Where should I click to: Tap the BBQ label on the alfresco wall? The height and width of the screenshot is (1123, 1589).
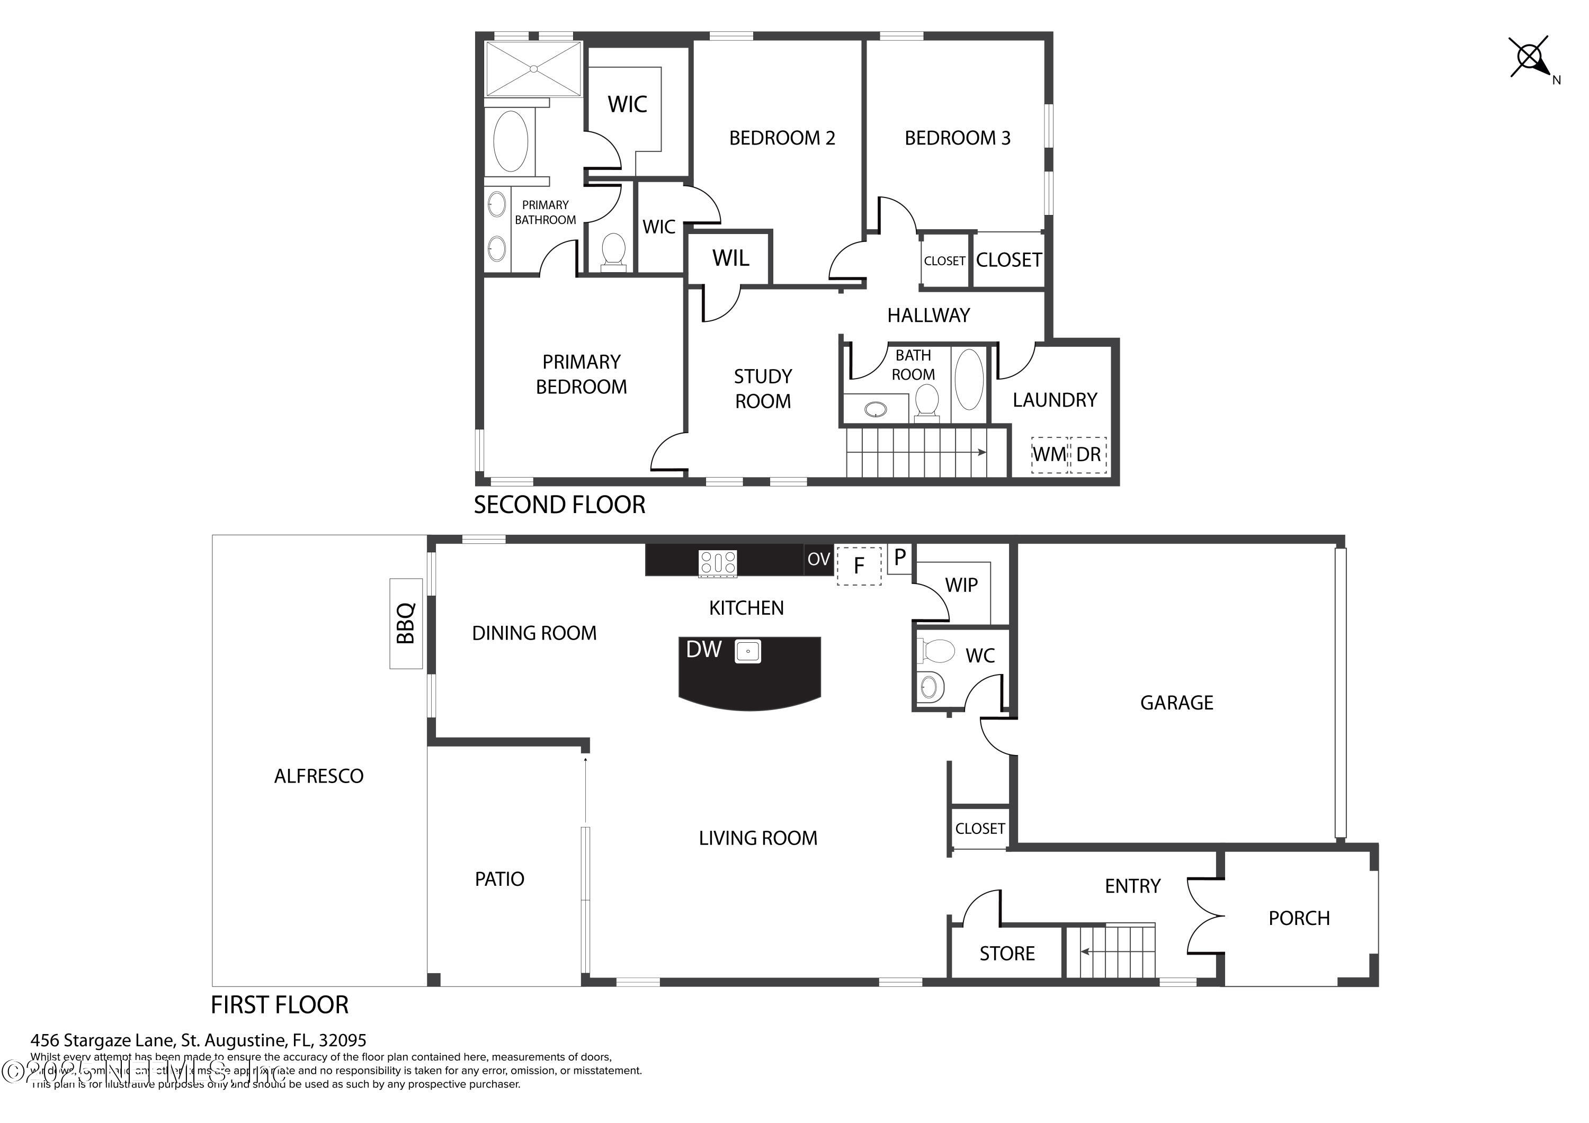(x=406, y=623)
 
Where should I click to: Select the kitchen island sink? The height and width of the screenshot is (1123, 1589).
(x=748, y=651)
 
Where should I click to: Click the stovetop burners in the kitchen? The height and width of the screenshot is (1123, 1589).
(x=718, y=562)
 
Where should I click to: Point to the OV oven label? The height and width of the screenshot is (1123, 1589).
(x=819, y=559)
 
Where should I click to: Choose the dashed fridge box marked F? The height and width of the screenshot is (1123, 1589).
(x=859, y=566)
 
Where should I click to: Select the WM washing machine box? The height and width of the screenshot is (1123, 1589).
(x=1049, y=455)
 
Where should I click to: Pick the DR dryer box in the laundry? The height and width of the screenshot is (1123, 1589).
(x=1088, y=455)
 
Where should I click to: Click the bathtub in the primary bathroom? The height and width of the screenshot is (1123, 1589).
(x=511, y=141)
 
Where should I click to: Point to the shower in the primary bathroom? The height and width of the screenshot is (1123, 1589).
(x=533, y=68)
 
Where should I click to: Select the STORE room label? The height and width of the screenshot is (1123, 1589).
(x=1007, y=954)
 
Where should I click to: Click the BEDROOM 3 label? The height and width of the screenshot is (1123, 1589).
(x=957, y=138)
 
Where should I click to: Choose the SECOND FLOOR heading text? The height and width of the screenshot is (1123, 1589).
(x=559, y=505)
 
